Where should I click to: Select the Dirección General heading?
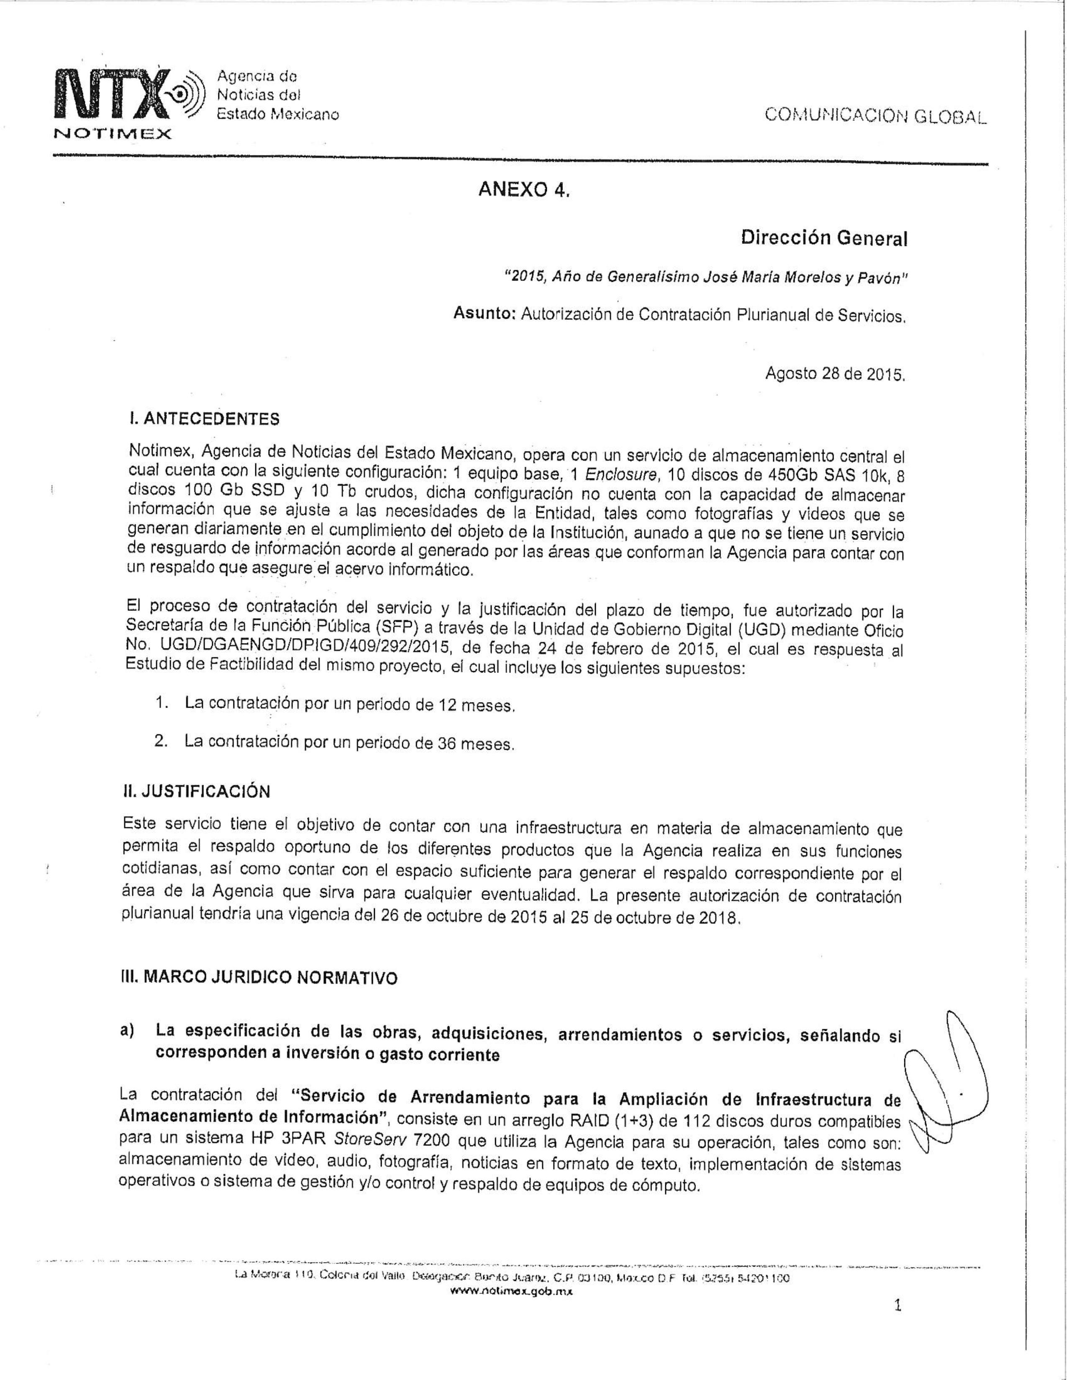pyautogui.click(x=823, y=238)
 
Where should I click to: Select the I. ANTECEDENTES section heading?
pyautogui.click(x=203, y=419)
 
